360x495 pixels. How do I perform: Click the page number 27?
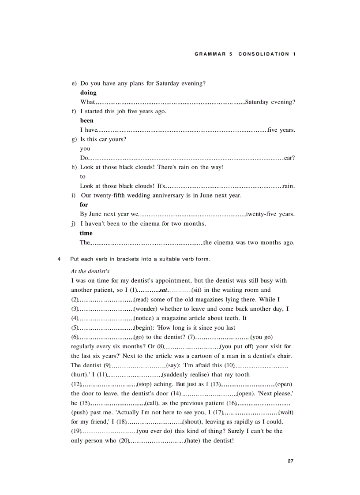290,461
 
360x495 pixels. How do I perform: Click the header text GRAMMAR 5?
213,54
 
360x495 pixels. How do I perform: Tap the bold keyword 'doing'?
88,93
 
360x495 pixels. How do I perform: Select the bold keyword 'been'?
87,120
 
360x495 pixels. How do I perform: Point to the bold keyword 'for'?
84,205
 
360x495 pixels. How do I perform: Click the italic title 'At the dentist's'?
90,271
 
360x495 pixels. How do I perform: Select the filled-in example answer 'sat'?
163,290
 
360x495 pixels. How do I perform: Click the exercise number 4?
59,259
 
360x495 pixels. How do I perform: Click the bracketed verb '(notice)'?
145,318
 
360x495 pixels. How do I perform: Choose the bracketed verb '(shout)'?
192,422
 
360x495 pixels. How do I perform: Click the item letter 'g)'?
74,139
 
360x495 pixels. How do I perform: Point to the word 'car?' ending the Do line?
289,158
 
